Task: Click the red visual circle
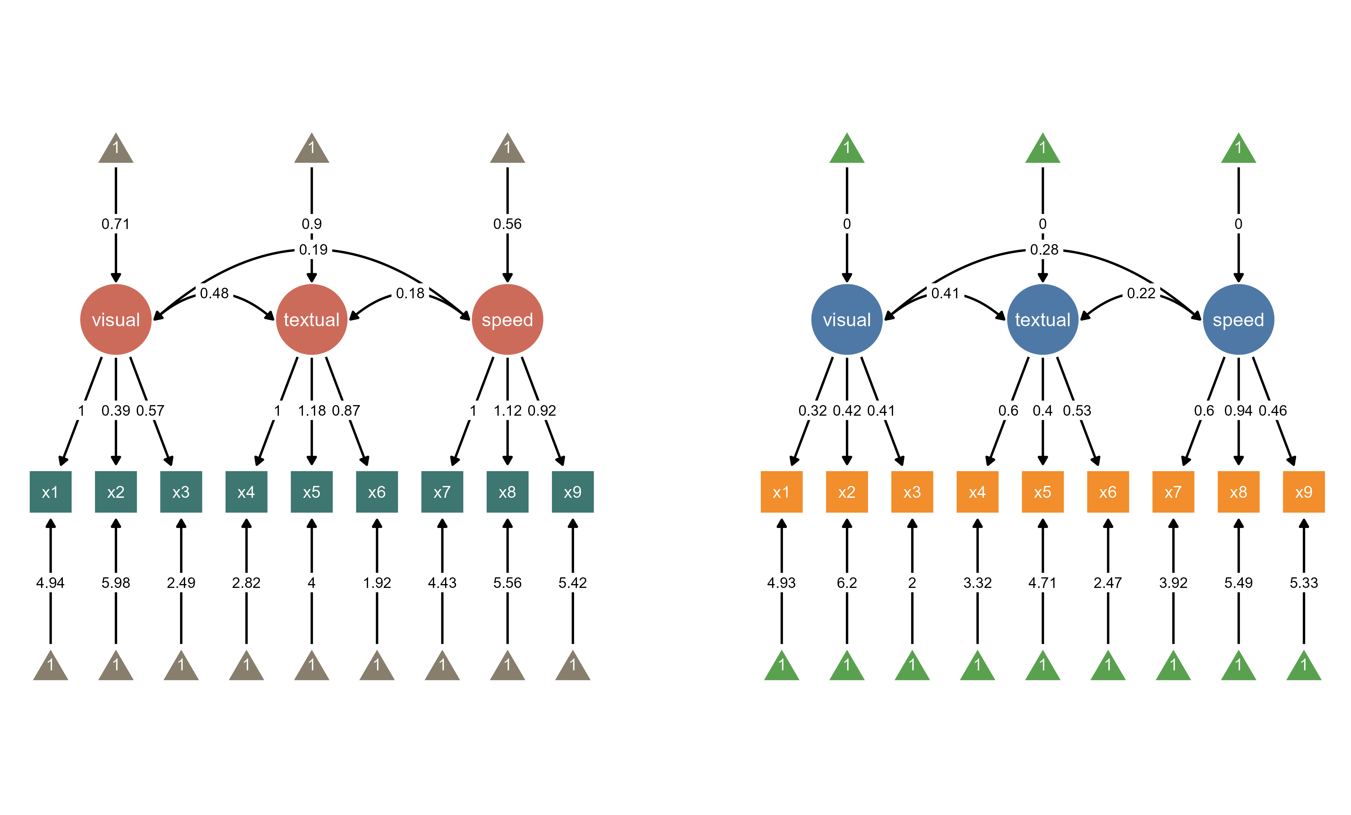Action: pos(116,319)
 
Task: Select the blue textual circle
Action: pos(1042,319)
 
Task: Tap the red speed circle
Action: pos(507,319)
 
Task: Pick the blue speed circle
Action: pos(1238,319)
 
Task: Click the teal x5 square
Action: pos(311,492)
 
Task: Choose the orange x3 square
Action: pos(912,492)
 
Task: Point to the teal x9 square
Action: pos(572,492)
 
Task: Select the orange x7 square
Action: pos(1173,492)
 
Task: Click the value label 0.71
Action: pos(116,224)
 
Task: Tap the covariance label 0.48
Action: pos(214,293)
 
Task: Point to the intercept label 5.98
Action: pos(116,582)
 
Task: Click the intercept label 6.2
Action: pos(847,582)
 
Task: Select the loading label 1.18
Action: pos(311,411)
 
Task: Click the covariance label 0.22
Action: pos(1141,293)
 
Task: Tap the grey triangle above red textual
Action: pos(311,149)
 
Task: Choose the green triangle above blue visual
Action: pos(847,149)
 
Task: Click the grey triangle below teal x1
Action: pos(50,666)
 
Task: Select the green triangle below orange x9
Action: pos(1303,666)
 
